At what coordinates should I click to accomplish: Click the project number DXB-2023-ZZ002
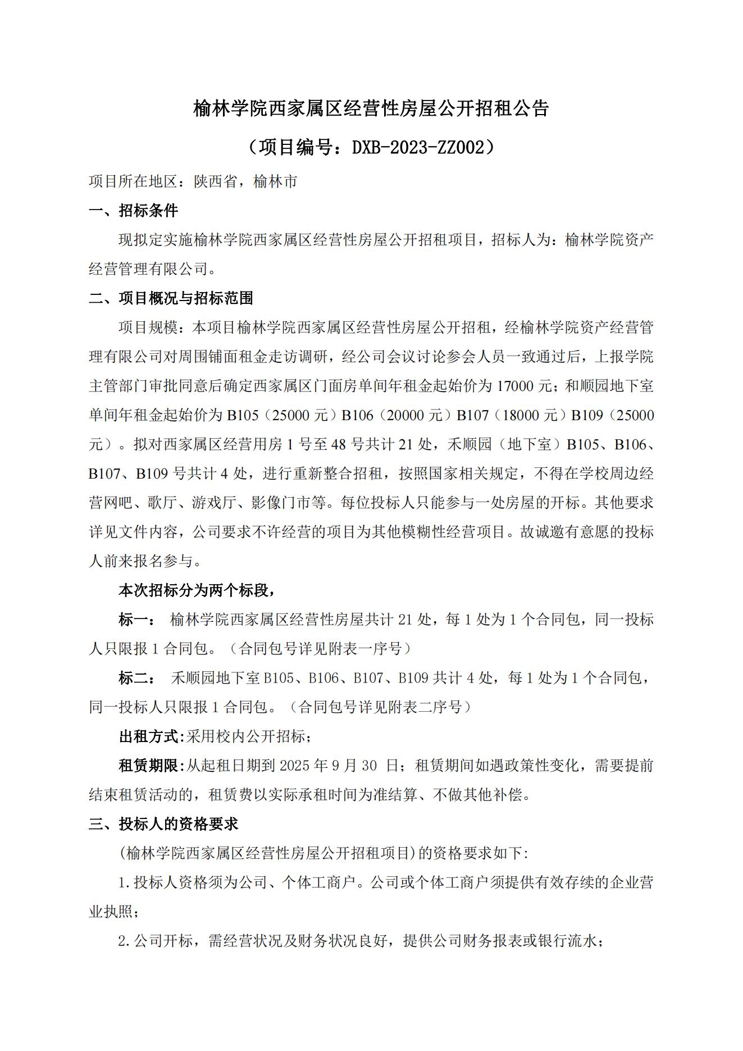[418, 147]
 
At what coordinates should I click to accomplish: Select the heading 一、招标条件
[133, 211]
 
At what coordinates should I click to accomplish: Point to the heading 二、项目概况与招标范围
[171, 298]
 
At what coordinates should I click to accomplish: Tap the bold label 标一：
[133, 620]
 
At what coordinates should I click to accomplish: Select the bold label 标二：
[133, 678]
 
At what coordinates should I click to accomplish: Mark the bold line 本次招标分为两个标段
[197, 590]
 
